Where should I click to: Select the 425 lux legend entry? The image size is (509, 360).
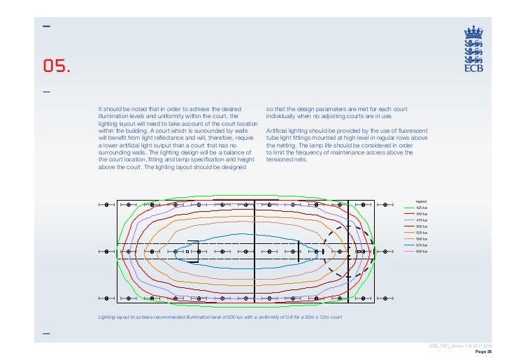(x=421, y=208)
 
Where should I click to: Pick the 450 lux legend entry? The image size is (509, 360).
(x=421, y=214)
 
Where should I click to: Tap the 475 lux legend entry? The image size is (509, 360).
(x=421, y=220)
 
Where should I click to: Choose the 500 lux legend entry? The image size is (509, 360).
(x=421, y=226)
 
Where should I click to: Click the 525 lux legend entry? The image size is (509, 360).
(x=421, y=233)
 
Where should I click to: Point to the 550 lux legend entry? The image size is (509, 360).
(x=421, y=239)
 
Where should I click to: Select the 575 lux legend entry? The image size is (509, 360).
(x=421, y=245)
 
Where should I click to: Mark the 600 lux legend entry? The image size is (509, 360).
(x=421, y=252)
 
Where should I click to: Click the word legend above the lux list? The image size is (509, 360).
(x=421, y=201)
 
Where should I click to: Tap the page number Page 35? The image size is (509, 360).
(x=485, y=352)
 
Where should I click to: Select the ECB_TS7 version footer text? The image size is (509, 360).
(x=461, y=346)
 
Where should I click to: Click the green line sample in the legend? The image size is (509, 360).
(x=410, y=208)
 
